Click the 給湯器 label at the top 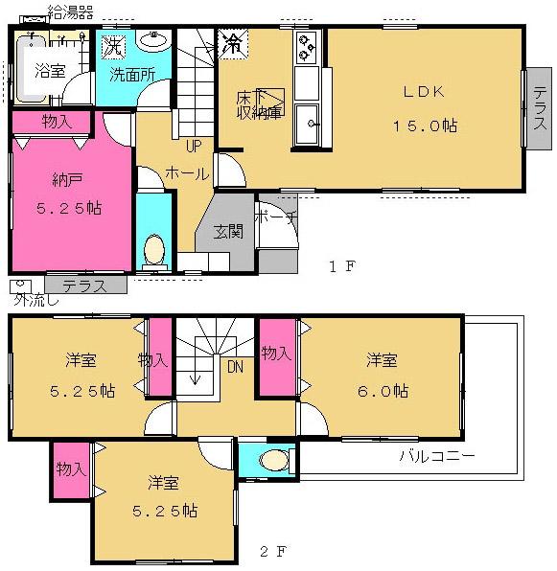[x=70, y=12]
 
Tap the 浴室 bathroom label [x=50, y=70]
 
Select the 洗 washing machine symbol [x=113, y=44]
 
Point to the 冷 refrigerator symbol [x=232, y=42]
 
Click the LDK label [x=422, y=93]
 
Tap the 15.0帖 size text [x=424, y=126]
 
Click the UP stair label [x=194, y=147]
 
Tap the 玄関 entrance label [x=228, y=231]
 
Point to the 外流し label [x=35, y=300]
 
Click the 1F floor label [x=342, y=267]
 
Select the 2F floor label [x=272, y=551]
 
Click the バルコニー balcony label [x=436, y=456]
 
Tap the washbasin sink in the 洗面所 [x=153, y=40]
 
